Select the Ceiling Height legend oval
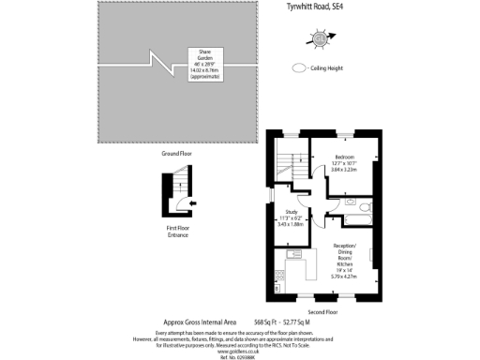(x=299, y=67)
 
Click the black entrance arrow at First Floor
(x=191, y=202)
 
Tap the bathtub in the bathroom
(x=359, y=219)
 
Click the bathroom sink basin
(x=348, y=201)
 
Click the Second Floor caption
(x=347, y=310)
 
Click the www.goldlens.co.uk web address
(x=239, y=349)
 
